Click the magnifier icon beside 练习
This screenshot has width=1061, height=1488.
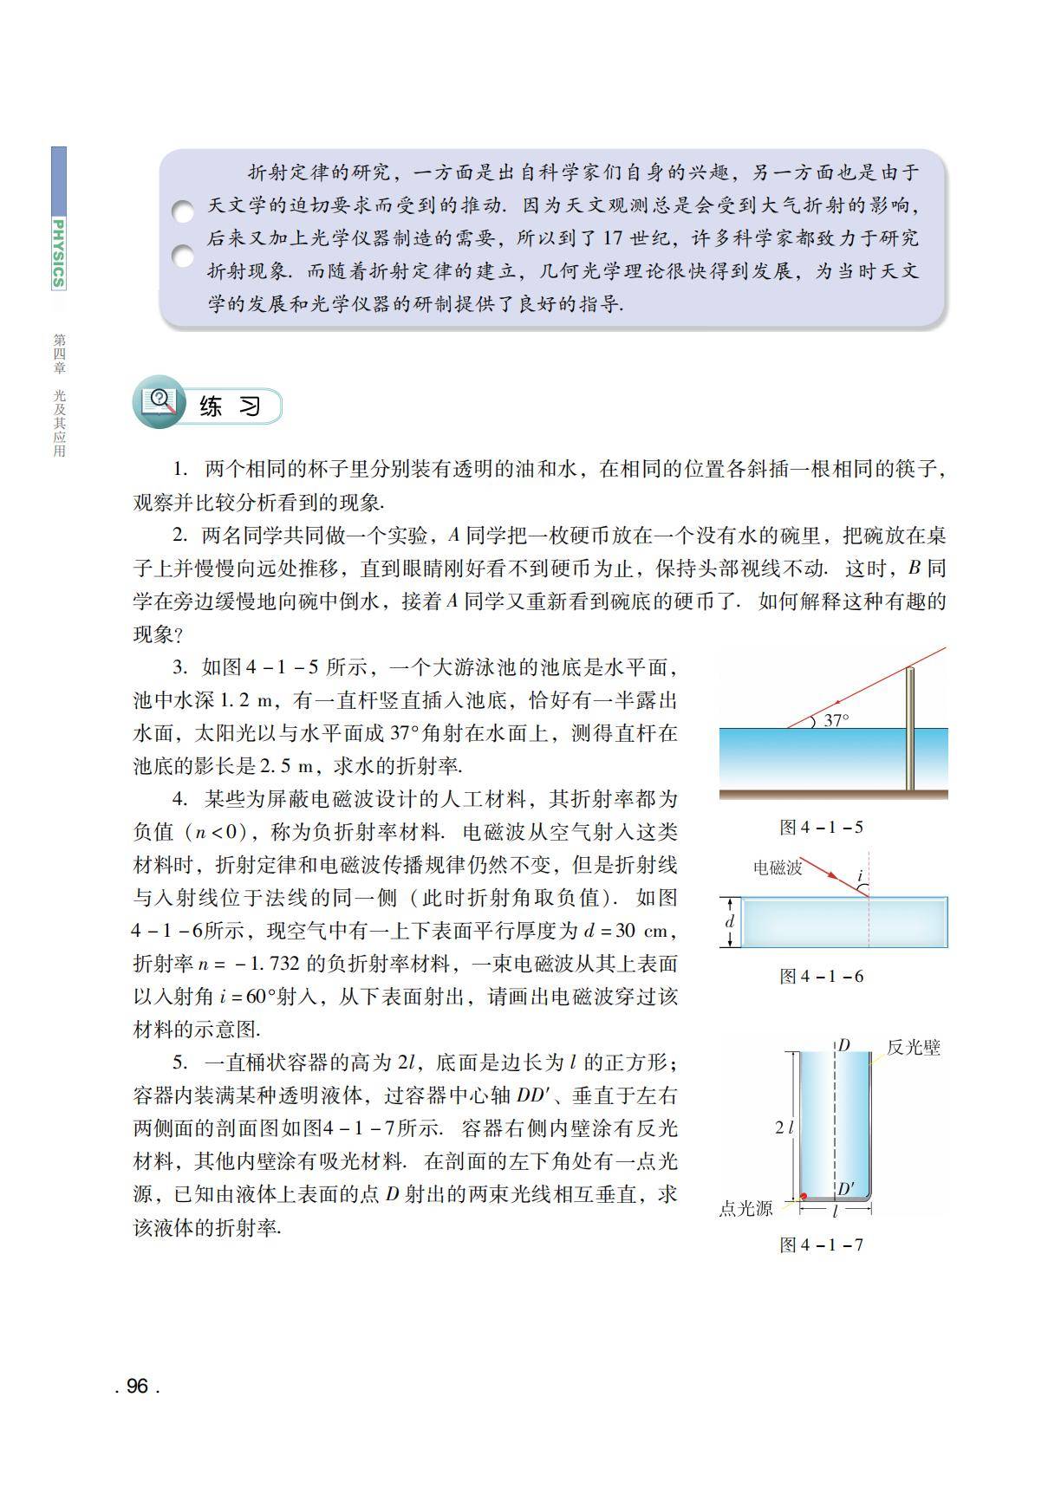click(x=159, y=401)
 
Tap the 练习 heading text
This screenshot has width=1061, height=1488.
click(x=230, y=406)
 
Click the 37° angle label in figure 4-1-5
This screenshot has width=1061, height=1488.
click(x=836, y=719)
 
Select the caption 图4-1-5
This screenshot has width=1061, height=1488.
click(x=821, y=827)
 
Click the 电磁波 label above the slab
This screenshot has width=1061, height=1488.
click(x=778, y=867)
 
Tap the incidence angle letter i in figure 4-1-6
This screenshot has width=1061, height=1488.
click(x=860, y=876)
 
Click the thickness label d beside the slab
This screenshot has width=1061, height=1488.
click(x=729, y=921)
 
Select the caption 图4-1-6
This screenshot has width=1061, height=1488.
click(x=821, y=976)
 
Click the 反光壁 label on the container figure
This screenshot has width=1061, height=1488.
click(x=913, y=1047)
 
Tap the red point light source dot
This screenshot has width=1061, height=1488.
click(x=804, y=1196)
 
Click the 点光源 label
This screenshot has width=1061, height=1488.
click(x=745, y=1208)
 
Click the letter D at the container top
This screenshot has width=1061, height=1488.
click(x=843, y=1045)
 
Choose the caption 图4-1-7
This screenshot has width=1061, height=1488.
click(x=821, y=1244)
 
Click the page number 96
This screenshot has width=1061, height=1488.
click(x=137, y=1386)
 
